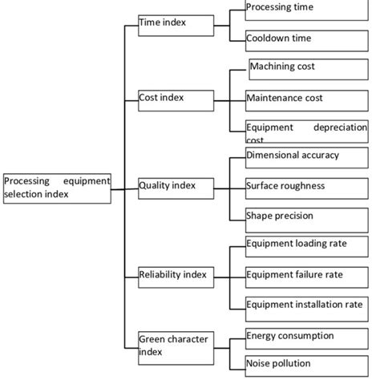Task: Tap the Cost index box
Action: [x=176, y=99]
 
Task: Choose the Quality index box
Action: [x=176, y=188]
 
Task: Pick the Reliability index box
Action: [x=176, y=277]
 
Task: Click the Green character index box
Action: [x=176, y=345]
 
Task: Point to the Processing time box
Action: [x=305, y=9]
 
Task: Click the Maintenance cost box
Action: [x=305, y=99]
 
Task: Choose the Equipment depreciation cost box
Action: [x=305, y=130]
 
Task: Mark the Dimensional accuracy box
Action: [x=305, y=157]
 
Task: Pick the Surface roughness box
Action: [x=305, y=188]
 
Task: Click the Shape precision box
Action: [x=305, y=217]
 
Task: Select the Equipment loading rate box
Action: [x=305, y=246]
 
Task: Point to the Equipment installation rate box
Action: [x=305, y=306]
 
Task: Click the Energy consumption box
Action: [x=305, y=337]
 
